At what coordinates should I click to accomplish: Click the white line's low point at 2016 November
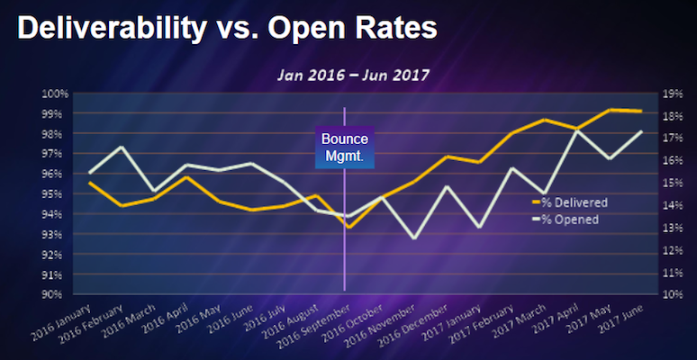tap(413, 238)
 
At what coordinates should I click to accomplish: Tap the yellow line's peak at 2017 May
tap(610, 110)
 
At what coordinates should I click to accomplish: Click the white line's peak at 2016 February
tap(122, 147)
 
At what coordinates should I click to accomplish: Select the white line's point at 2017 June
tap(641, 131)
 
